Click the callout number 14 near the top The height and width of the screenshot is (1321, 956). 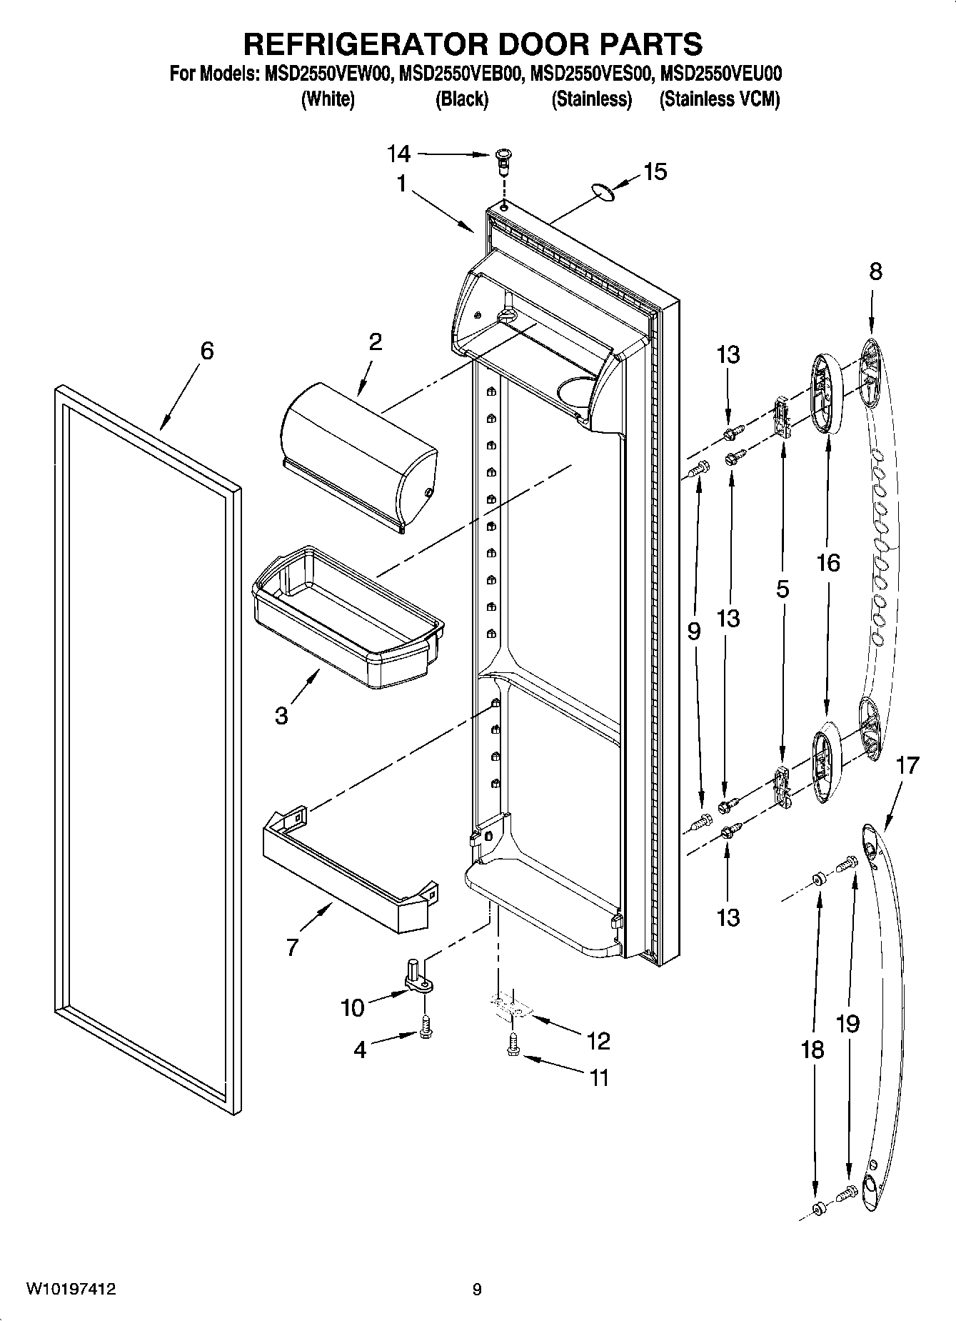click(x=399, y=154)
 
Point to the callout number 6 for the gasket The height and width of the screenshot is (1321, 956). click(x=206, y=351)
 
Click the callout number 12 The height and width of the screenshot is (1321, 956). click(x=598, y=1041)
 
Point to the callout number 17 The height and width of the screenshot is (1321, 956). click(x=907, y=766)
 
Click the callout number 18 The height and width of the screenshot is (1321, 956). click(x=812, y=1050)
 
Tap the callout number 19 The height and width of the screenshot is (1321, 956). click(x=847, y=1023)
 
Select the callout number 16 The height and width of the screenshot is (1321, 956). click(x=828, y=563)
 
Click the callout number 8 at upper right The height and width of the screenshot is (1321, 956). click(x=875, y=271)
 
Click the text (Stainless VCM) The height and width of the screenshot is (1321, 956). click(x=719, y=99)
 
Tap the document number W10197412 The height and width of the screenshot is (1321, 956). click(x=71, y=1289)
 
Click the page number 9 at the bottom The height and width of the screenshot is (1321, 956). click(x=477, y=1289)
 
